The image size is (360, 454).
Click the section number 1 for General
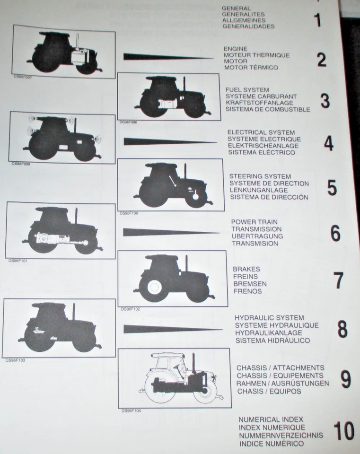pyautogui.click(x=317, y=21)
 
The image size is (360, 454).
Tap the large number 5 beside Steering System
pyautogui.click(x=332, y=188)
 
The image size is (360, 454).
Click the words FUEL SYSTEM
pyautogui.click(x=247, y=90)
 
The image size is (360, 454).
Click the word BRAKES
pyautogui.click(x=246, y=269)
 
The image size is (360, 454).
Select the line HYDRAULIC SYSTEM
pyautogui.click(x=269, y=318)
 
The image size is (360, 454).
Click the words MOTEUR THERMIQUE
pyautogui.click(x=256, y=55)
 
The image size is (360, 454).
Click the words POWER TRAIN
pyautogui.click(x=254, y=222)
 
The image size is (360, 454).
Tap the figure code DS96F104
pyautogui.click(x=131, y=410)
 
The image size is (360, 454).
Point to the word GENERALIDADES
pyautogui.click(x=248, y=26)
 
